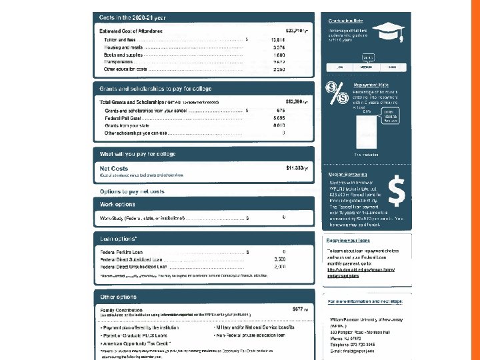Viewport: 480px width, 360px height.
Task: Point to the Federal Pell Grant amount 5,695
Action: click(279, 118)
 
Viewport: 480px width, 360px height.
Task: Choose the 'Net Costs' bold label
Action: click(113, 168)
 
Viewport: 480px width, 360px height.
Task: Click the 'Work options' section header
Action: click(117, 204)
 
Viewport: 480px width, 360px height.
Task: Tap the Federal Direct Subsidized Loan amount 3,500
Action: click(279, 259)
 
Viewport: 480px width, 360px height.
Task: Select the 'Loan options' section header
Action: click(119, 238)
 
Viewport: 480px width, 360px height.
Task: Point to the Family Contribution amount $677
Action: click(299, 309)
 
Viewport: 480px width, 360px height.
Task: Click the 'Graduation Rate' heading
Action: click(345, 20)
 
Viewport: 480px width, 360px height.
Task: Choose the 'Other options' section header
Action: click(118, 296)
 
